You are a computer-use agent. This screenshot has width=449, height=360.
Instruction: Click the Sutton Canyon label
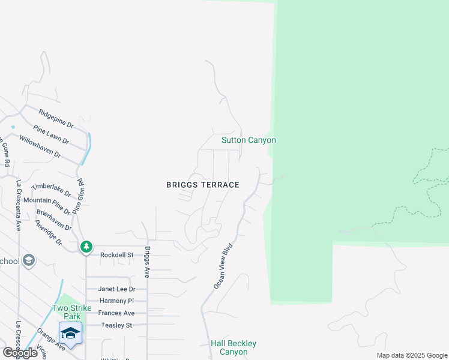click(x=249, y=140)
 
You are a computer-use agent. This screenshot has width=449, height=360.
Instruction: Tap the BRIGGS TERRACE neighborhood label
click(x=203, y=185)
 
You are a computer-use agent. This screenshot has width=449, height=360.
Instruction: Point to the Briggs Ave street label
click(x=146, y=262)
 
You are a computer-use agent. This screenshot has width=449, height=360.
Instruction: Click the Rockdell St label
click(x=115, y=254)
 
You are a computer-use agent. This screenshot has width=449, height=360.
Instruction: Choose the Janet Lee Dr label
click(x=116, y=289)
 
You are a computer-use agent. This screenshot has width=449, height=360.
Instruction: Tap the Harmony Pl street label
click(x=116, y=301)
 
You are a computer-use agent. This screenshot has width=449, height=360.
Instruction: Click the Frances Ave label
click(x=116, y=313)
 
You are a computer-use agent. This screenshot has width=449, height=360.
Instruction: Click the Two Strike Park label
click(x=71, y=312)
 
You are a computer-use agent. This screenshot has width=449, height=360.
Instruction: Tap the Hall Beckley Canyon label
click(x=234, y=347)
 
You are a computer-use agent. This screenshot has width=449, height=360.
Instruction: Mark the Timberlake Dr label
click(x=51, y=190)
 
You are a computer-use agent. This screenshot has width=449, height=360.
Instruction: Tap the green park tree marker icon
click(x=86, y=246)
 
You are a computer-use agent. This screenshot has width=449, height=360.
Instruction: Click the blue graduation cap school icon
click(x=70, y=333)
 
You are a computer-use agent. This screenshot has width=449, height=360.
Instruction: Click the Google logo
click(x=19, y=353)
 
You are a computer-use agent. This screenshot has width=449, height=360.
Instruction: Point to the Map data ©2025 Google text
click(x=411, y=355)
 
